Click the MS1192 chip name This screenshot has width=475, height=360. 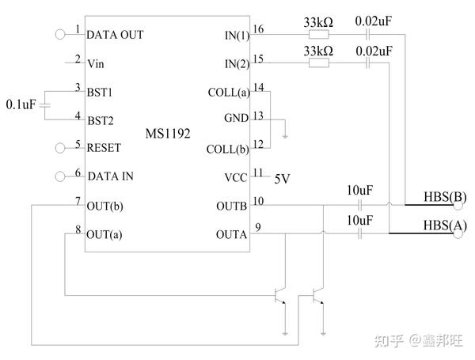pyautogui.click(x=167, y=135)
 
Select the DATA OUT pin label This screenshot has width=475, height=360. pyautogui.click(x=115, y=35)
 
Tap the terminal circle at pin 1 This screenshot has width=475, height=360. pyautogui.click(x=59, y=34)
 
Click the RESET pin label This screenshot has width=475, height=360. pyautogui.click(x=104, y=147)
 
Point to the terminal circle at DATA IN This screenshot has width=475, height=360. pyautogui.click(x=59, y=176)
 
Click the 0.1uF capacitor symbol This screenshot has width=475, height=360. pyautogui.click(x=45, y=104)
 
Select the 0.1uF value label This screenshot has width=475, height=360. pyautogui.click(x=20, y=104)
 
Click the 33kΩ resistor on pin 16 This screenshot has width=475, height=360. pyautogui.click(x=318, y=35)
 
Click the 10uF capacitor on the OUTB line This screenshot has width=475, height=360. pyautogui.click(x=360, y=205)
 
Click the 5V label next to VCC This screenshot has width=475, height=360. pyautogui.click(x=283, y=178)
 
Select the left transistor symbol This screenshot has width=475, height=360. pyautogui.click(x=279, y=297)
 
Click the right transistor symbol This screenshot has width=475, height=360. pyautogui.click(x=318, y=297)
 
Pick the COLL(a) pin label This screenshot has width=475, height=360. pyautogui.click(x=227, y=92)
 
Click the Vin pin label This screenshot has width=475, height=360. pyautogui.click(x=95, y=63)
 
